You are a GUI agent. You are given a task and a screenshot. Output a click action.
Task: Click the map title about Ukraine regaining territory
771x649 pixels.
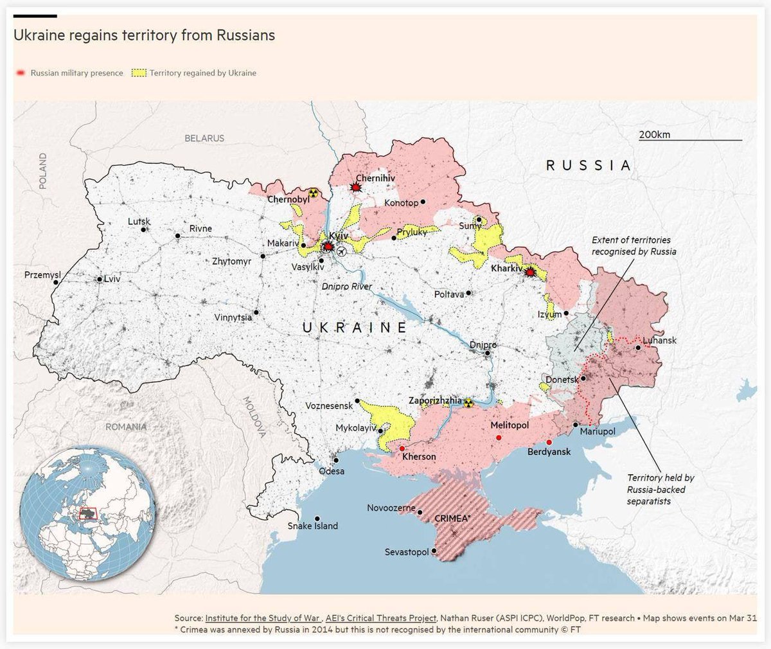[144, 35]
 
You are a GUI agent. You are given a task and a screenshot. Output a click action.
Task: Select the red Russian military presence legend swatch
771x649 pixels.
[21, 73]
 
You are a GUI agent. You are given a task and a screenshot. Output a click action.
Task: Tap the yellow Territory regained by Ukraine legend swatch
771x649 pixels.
[138, 73]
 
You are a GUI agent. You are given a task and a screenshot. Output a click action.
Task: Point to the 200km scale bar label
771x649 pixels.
[654, 134]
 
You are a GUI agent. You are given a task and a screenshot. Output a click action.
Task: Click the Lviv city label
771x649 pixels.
[112, 279]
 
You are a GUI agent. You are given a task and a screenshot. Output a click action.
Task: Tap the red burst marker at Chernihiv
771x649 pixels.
[355, 187]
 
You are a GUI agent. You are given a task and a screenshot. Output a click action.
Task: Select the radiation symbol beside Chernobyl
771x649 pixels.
[313, 192]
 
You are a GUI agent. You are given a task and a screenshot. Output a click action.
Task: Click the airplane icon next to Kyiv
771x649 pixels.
[341, 251]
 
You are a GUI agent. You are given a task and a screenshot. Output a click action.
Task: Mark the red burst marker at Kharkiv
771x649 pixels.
[529, 272]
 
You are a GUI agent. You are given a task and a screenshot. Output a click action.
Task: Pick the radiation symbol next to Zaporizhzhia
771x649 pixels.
[468, 403]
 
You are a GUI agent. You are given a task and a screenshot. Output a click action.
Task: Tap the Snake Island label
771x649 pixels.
[312, 526]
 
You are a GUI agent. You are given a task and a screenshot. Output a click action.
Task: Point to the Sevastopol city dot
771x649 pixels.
[435, 551]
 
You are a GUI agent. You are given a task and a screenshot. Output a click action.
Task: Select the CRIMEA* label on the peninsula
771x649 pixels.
[452, 518]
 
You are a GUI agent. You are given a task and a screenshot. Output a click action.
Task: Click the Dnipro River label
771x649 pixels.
[347, 286]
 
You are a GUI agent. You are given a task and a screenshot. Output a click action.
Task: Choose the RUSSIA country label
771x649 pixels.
[588, 165]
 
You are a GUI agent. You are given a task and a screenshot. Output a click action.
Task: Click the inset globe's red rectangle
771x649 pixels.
[87, 513]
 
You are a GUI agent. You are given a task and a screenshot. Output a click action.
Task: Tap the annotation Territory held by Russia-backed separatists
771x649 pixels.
[660, 489]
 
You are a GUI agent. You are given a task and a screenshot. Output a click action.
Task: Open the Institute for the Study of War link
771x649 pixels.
[262, 618]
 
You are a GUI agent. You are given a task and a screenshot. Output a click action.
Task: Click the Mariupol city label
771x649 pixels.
[597, 431]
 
